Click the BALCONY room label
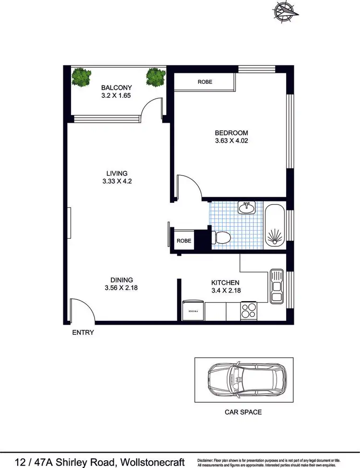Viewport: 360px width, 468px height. point(116,88)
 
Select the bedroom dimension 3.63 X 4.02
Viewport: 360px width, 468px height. point(231,141)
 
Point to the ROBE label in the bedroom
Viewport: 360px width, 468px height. point(205,82)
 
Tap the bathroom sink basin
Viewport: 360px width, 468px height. point(247,208)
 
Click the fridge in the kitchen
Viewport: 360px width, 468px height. point(194,311)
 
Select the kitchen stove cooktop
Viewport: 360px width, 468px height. point(249,311)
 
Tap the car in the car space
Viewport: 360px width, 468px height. point(245,380)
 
